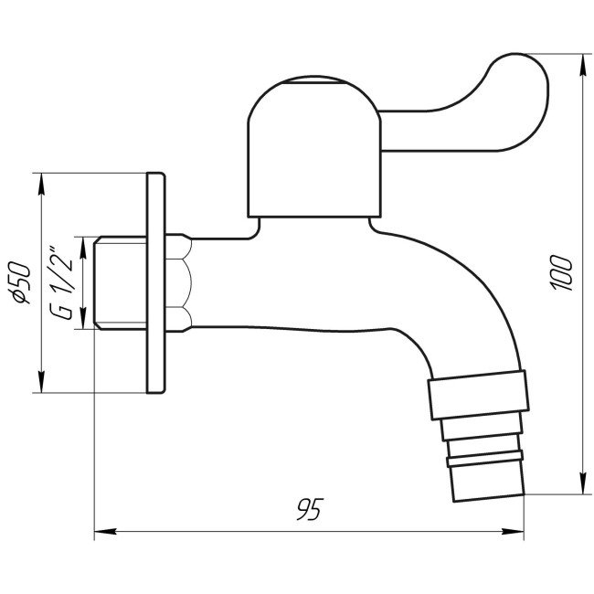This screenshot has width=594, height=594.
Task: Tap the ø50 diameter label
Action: click(x=25, y=282)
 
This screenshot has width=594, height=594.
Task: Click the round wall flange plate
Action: click(x=155, y=283)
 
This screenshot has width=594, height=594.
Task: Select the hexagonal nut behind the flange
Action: click(x=181, y=283)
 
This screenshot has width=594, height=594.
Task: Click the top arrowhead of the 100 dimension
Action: click(x=582, y=58)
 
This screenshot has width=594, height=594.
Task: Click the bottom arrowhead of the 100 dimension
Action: click(x=582, y=491)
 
